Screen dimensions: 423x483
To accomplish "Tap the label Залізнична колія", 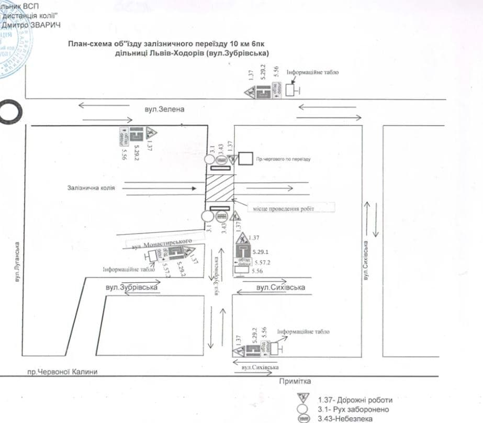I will (91, 187).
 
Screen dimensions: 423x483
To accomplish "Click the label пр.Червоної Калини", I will (63, 372).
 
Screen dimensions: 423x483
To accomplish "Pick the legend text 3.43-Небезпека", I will (342, 419).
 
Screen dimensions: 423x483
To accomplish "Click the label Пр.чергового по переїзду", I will (283, 158).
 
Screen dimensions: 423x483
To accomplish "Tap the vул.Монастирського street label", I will (159, 242).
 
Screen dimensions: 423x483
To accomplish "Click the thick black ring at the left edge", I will (9, 112).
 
